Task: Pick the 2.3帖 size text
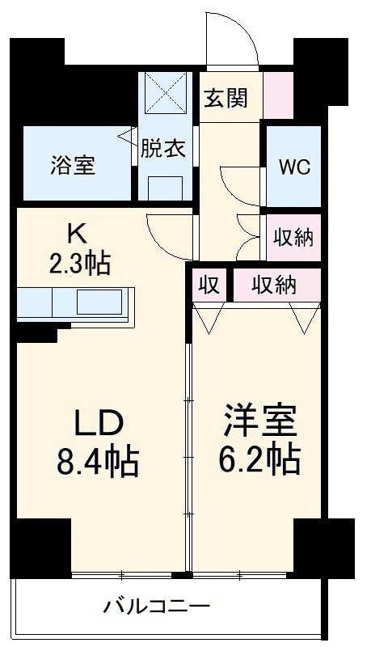pyautogui.click(x=78, y=263)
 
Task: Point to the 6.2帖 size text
pyautogui.click(x=260, y=461)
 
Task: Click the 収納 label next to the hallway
pyautogui.click(x=293, y=238)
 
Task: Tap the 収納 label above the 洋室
pyautogui.click(x=272, y=285)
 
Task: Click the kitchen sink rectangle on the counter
pyautogui.click(x=102, y=305)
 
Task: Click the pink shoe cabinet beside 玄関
pyautogui.click(x=277, y=96)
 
